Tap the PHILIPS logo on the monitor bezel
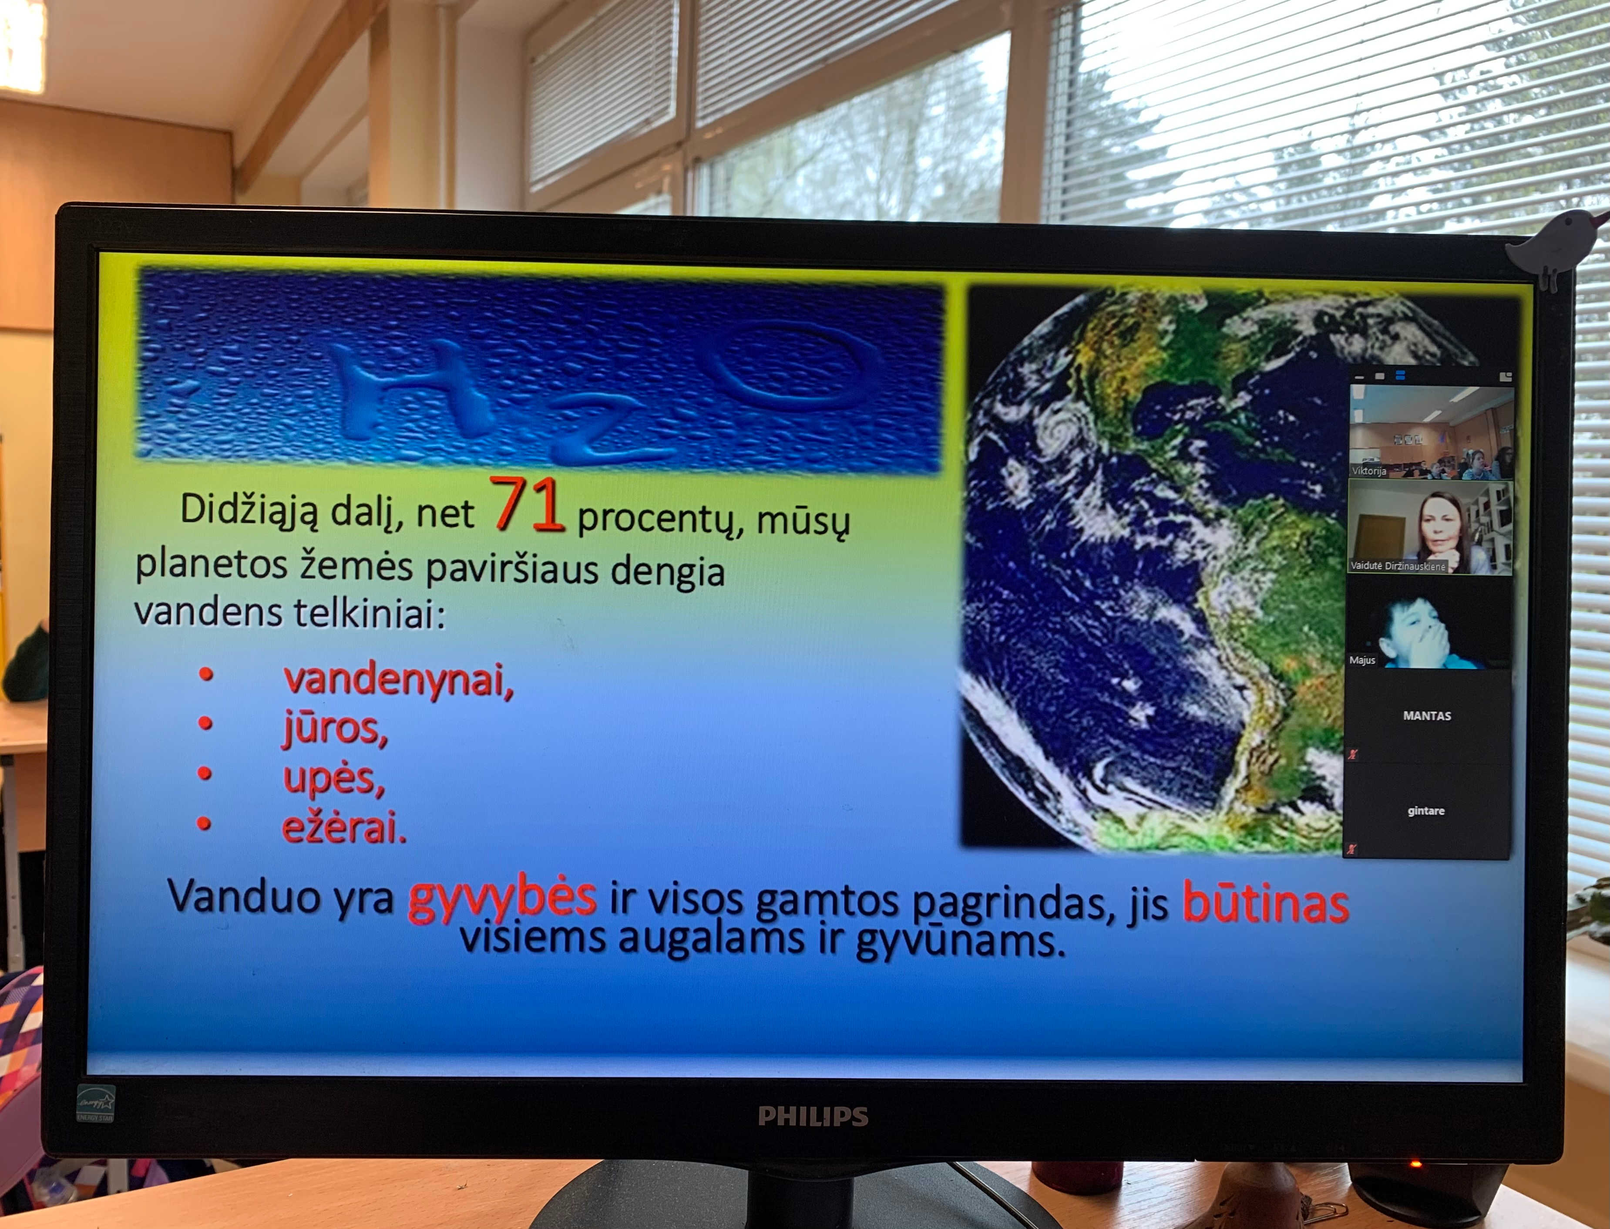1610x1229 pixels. click(x=813, y=1116)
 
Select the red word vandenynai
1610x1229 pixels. click(x=399, y=679)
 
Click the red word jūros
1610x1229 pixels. click(x=335, y=729)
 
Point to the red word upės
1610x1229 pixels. click(x=333, y=778)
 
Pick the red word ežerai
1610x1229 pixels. click(x=344, y=827)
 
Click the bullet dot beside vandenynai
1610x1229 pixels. click(x=206, y=675)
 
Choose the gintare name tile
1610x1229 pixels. click(x=1426, y=810)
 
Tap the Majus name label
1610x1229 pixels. click(x=1362, y=660)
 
